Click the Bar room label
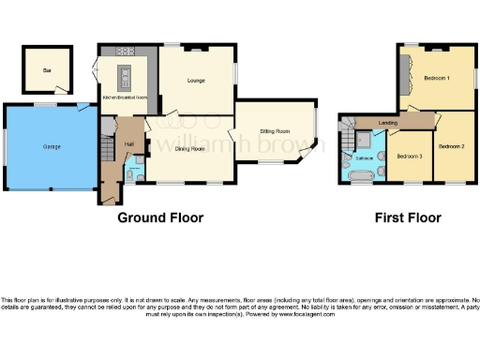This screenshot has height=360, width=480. click(x=45, y=69)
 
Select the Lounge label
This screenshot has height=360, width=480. click(x=196, y=81)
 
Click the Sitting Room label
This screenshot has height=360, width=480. click(x=275, y=131)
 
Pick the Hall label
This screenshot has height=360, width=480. click(x=128, y=143)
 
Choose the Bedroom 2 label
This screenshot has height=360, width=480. click(x=452, y=145)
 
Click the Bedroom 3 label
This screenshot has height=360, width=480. click(x=410, y=156)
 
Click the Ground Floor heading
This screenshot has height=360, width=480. click(x=160, y=217)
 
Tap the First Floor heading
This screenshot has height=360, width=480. click(x=407, y=217)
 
